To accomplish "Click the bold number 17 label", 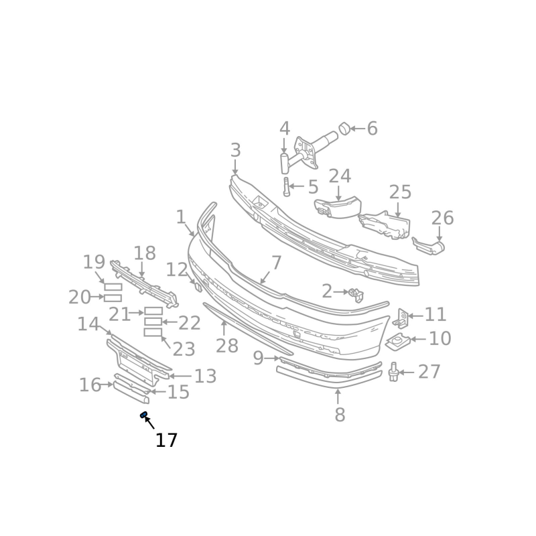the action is pos(166,440).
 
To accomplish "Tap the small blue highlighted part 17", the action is pos(144,415).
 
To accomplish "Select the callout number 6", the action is pos(373,129).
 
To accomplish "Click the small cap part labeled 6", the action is pos(344,128).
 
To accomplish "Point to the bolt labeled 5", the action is pos(287,187).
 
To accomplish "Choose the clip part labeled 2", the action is pos(356,295).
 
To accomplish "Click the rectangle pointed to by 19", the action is pos(113,287).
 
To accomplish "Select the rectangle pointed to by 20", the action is pos(113,298).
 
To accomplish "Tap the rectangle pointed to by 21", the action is pos(153,311).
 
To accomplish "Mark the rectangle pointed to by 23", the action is pos(153,332).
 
